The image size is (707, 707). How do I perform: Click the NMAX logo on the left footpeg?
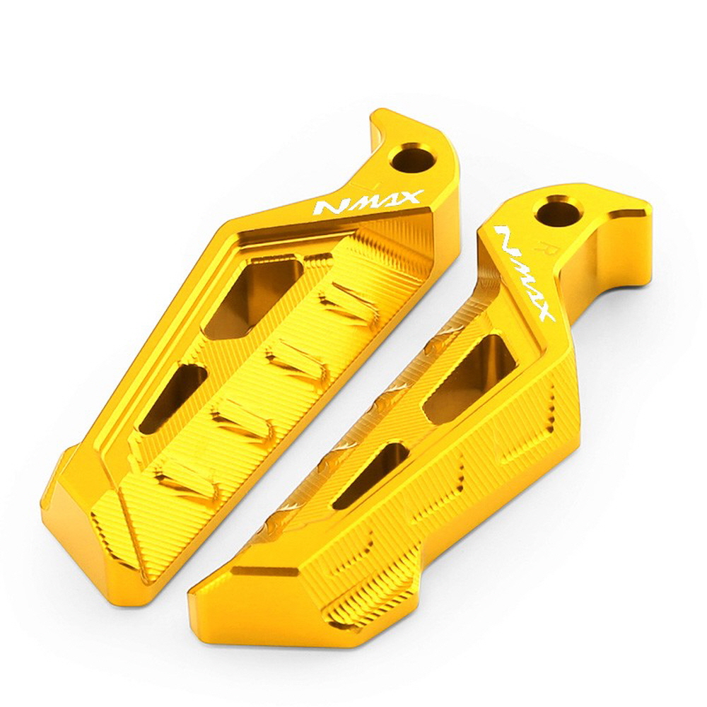click(369, 202)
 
